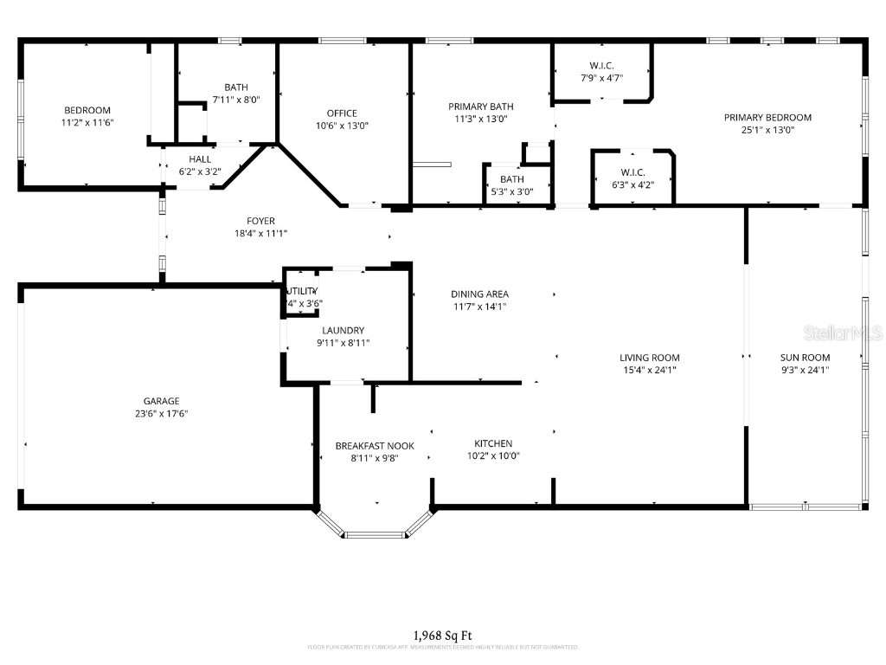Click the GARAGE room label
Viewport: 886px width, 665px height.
(161, 401)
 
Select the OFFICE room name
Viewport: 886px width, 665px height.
(342, 113)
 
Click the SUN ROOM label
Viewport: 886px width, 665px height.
(805, 358)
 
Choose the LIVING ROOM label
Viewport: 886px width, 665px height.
(649, 358)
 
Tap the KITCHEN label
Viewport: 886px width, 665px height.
(493, 443)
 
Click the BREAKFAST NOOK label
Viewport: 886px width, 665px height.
(375, 446)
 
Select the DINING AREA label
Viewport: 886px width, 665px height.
(479, 294)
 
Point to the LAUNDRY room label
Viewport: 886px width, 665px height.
(343, 331)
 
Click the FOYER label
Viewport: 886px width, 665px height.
(260, 221)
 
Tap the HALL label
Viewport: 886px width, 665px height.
(200, 159)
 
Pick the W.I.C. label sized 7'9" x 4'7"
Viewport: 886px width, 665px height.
(601, 66)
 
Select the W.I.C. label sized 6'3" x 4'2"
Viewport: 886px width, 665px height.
(632, 172)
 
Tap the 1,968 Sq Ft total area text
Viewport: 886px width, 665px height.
(442, 636)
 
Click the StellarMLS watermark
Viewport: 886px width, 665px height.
(843, 332)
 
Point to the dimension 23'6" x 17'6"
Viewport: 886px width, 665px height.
(161, 414)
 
